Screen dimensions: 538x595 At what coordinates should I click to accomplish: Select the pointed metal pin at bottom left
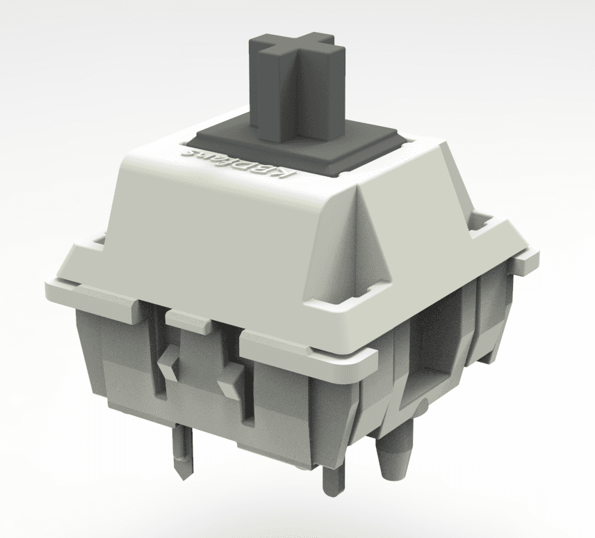click(x=180, y=452)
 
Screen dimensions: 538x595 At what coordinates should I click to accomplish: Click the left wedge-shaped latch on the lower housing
click(x=167, y=363)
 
